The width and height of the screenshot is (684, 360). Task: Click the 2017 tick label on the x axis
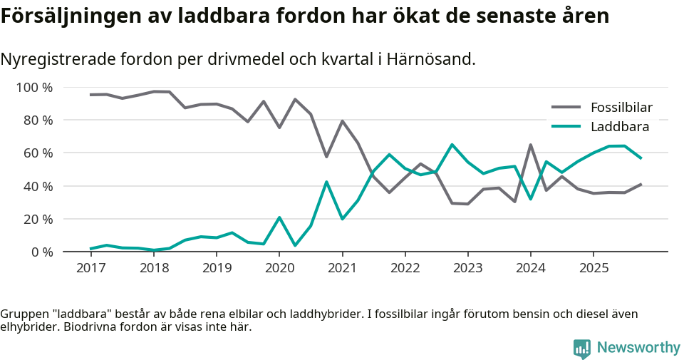pos(91,268)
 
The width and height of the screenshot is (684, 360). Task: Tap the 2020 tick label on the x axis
pos(279,268)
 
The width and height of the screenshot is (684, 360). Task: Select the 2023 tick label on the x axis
pos(467,268)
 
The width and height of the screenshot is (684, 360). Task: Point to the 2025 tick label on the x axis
pos(593,268)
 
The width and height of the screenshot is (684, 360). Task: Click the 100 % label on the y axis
pos(34,88)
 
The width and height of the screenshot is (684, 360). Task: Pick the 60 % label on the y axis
pos(38,153)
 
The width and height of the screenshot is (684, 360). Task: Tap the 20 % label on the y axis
pos(38,219)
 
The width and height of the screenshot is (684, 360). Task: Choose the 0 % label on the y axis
pos(41,252)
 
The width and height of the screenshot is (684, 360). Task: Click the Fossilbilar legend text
pos(621,108)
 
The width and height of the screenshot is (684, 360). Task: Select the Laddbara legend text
pos(619,127)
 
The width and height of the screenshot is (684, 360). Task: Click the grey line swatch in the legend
pos(566,108)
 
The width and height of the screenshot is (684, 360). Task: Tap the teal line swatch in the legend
pos(566,127)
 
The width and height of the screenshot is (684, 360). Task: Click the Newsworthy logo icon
pos(582,349)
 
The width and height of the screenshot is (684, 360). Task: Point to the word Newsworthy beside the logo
pos(638,348)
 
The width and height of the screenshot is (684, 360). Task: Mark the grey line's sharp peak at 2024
pos(530,145)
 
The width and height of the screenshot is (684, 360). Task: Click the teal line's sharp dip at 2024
pos(530,199)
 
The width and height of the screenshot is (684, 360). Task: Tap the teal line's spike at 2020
pos(279,217)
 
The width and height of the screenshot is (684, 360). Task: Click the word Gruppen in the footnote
pos(23,314)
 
